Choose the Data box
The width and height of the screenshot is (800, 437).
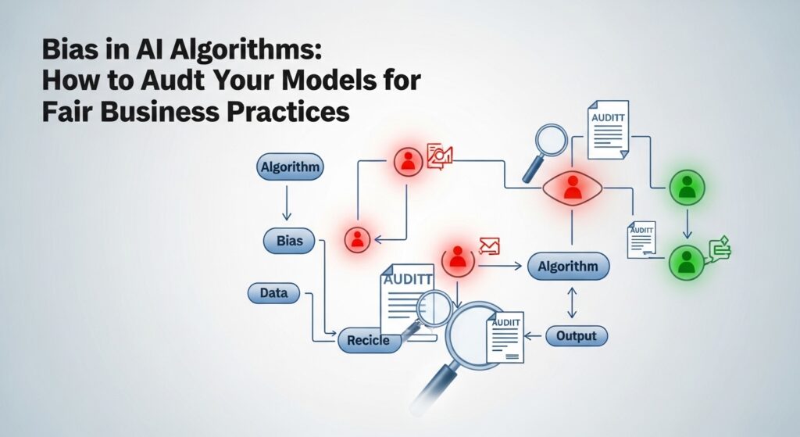(273, 294)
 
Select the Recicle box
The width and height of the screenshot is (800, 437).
(369, 341)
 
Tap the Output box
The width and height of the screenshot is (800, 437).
(576, 336)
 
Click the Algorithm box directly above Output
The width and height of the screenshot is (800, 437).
(568, 267)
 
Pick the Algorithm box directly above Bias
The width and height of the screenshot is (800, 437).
(289, 167)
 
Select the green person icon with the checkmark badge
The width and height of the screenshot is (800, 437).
(686, 261)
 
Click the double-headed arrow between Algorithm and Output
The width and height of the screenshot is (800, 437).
(571, 302)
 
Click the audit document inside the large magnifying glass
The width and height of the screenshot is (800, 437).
(505, 335)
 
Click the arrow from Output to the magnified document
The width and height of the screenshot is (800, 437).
(534, 336)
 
